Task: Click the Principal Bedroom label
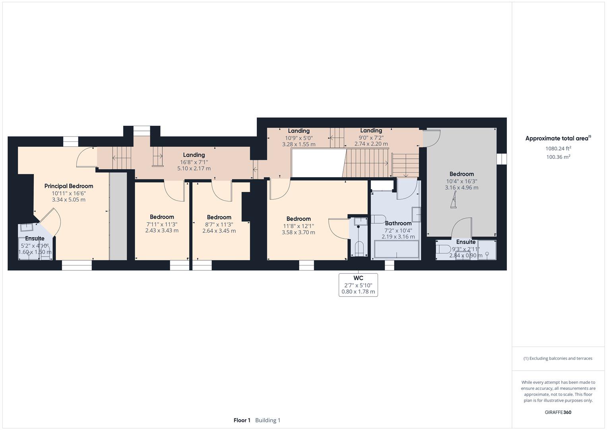click(68, 186)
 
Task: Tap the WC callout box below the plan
click(358, 285)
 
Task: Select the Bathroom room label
click(398, 223)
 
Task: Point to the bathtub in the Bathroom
click(396, 249)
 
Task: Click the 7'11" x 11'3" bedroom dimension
click(162, 225)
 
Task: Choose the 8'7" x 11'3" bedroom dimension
click(219, 225)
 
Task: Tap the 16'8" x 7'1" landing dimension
click(194, 162)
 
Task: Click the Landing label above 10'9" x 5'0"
click(299, 131)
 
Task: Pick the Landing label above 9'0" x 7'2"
click(371, 131)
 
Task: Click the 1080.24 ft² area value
click(558, 149)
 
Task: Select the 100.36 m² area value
click(558, 157)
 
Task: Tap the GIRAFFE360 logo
click(558, 412)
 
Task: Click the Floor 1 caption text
click(242, 420)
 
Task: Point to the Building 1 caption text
click(268, 420)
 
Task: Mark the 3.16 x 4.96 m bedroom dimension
click(462, 188)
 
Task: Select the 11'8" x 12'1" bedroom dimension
click(299, 226)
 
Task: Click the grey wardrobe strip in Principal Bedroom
click(118, 216)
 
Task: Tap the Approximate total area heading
click(558, 138)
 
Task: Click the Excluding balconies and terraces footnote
click(558, 358)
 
